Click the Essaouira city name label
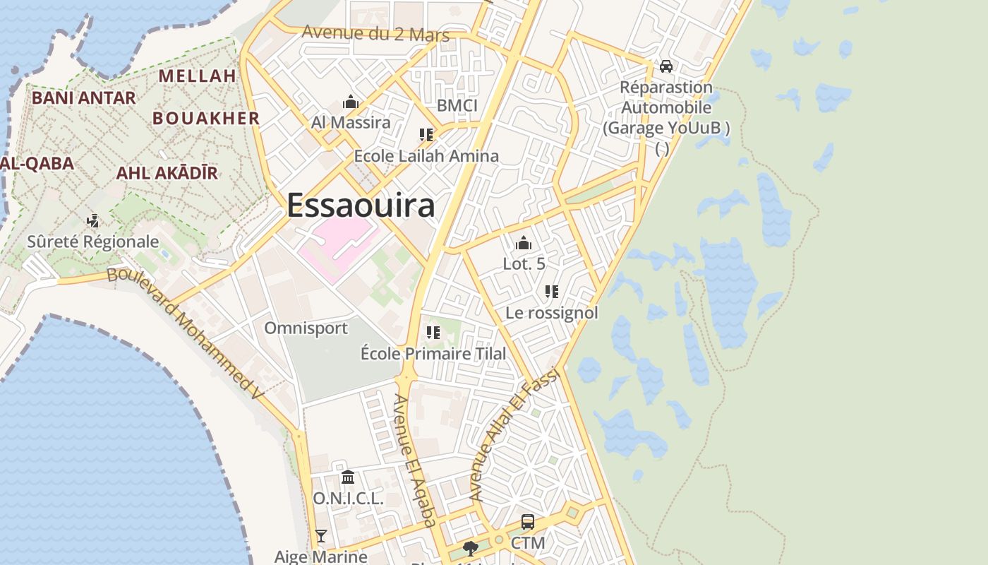(x=361, y=206)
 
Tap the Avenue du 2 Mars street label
(x=375, y=33)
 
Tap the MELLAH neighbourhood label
(x=197, y=76)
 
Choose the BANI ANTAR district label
(x=83, y=98)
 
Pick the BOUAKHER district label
(x=206, y=119)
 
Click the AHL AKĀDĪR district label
(x=167, y=173)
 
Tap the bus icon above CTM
(x=527, y=523)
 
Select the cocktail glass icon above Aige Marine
(x=321, y=536)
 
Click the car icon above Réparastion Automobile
(x=665, y=66)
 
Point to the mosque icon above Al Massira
(x=351, y=102)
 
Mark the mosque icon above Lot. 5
(x=524, y=244)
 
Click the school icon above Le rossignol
(x=552, y=292)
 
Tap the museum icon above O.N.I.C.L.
(x=348, y=478)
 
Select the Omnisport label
(x=306, y=328)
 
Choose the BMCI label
(x=457, y=106)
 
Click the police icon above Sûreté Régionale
(x=92, y=221)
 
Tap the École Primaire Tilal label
(x=433, y=353)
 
